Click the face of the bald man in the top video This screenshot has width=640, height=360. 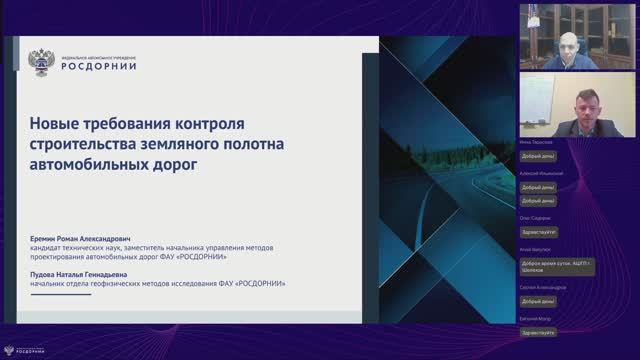pyautogui.click(x=567, y=44)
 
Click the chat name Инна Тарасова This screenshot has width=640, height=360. pyautogui.click(x=537, y=142)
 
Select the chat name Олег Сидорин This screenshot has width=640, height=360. pyautogui.click(x=536, y=217)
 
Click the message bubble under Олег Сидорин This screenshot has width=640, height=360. pyautogui.click(x=538, y=230)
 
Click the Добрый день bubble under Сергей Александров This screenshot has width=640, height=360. pyautogui.click(x=538, y=300)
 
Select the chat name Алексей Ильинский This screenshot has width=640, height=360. pyautogui.click(x=541, y=173)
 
